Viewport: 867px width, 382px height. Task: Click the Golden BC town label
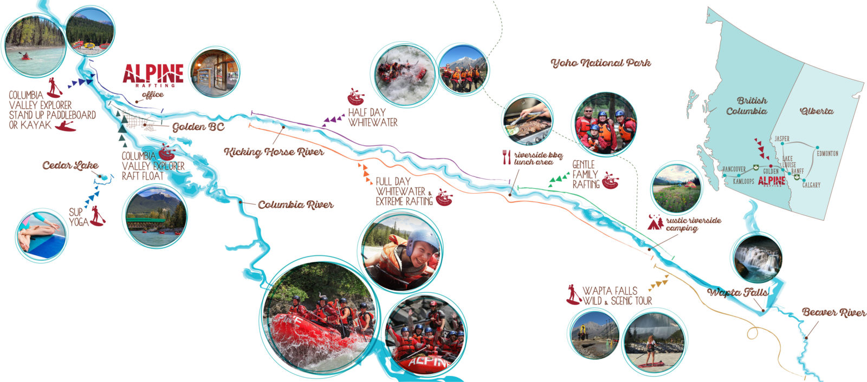pos(198,127)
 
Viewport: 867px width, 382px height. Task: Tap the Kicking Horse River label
pos(274,152)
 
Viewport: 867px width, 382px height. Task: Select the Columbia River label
pos(295,205)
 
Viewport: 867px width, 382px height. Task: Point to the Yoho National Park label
pos(600,63)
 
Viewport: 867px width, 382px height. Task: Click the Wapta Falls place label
pos(737,293)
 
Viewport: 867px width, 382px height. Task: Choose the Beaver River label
pos(834,313)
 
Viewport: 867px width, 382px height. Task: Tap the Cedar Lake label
pos(70,166)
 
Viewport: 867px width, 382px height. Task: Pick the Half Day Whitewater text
pos(372,117)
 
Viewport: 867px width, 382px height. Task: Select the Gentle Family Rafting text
pos(585,174)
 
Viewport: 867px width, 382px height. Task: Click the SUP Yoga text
pos(79,217)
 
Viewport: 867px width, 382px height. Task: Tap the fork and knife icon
pos(507,157)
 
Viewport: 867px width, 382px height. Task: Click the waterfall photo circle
pos(757,258)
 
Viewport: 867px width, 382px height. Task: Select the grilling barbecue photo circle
pos(528,121)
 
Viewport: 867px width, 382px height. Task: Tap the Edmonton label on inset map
pos(827,154)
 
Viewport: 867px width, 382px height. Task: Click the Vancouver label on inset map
pos(734,169)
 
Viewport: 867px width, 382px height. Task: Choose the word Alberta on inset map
pos(817,111)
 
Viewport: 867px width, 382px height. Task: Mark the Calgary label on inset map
pos(811,185)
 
